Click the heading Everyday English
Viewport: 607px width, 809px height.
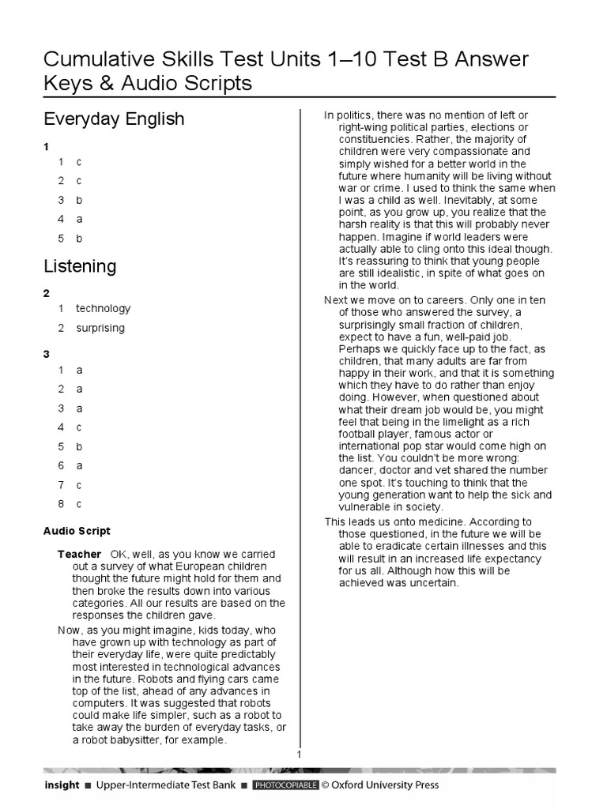click(114, 119)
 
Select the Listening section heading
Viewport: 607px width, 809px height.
click(80, 266)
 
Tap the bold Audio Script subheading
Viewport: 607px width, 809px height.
click(77, 532)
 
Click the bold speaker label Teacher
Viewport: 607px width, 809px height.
click(79, 554)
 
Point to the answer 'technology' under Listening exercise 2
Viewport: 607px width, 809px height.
click(103, 309)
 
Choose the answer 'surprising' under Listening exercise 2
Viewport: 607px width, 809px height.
click(100, 329)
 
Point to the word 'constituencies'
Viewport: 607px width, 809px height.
click(377, 138)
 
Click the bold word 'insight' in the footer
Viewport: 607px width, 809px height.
click(62, 785)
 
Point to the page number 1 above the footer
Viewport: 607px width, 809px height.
click(300, 755)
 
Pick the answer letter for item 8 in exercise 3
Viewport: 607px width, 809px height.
click(79, 504)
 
